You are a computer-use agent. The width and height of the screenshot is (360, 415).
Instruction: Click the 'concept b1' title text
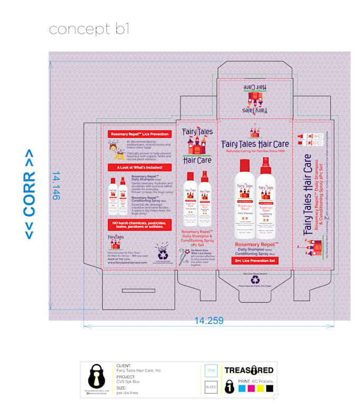[x=89, y=29]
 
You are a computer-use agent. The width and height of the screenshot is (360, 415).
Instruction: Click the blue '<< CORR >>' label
[x=30, y=193]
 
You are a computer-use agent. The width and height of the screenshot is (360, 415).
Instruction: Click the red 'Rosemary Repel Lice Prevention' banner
[x=137, y=134]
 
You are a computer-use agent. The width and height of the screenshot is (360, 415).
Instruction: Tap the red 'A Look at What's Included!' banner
[x=136, y=167]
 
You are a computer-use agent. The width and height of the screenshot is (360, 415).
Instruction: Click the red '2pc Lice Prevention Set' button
[x=255, y=260]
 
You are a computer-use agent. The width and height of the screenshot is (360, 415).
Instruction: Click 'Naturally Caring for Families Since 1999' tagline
[x=255, y=151]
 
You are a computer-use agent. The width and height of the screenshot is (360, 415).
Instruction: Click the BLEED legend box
[x=210, y=387]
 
